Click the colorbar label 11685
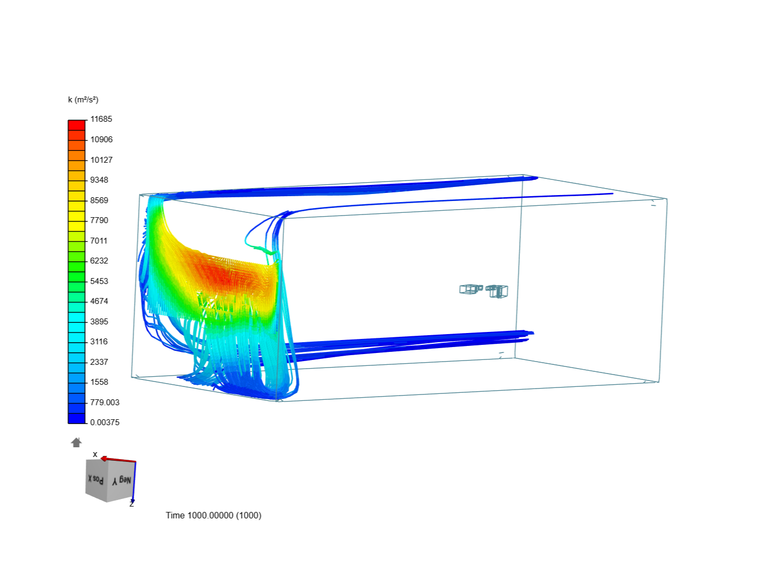pos(101,119)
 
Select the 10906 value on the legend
pos(101,140)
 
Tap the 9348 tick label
pos(99,180)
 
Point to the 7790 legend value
pos(99,220)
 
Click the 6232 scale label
pos(99,261)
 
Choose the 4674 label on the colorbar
pos(99,301)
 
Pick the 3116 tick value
pos(99,342)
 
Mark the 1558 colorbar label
pos(99,382)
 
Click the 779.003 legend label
pos(105,403)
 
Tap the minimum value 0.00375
pos(105,422)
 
